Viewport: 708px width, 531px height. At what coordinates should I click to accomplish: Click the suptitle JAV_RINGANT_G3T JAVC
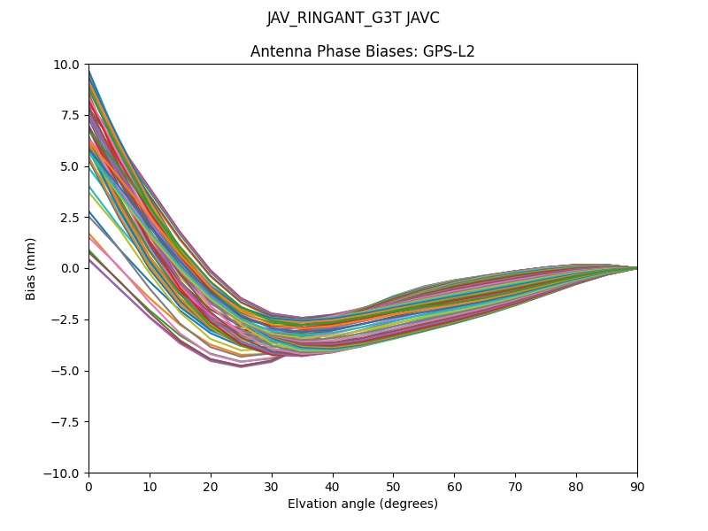coord(353,18)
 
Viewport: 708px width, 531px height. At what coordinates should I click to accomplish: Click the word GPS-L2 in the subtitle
coord(449,51)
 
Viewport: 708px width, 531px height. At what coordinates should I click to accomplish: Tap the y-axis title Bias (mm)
coord(31,268)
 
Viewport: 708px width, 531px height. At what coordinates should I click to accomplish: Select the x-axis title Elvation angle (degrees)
coord(363,504)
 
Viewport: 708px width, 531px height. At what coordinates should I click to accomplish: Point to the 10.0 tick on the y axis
coord(67,64)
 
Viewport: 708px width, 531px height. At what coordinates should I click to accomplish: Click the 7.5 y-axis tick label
coord(71,115)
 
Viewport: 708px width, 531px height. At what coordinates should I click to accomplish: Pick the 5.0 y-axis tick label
coord(71,166)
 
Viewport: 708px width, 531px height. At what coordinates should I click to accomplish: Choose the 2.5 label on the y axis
coord(71,217)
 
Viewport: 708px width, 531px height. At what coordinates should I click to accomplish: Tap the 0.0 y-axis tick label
coord(71,268)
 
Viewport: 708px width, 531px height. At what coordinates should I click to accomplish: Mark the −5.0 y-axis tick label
coord(67,371)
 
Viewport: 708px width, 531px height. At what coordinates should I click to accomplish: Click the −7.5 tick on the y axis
coord(67,421)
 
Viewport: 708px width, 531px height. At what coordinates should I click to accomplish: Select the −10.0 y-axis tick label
coord(64,473)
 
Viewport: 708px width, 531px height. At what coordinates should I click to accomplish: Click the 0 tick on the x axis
coord(88,486)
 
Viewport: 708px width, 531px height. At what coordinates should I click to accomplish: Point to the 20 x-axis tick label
coord(211,486)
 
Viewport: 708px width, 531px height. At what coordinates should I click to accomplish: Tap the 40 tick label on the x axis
coord(333,486)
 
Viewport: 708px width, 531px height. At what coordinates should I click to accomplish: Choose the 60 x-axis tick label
coord(454,486)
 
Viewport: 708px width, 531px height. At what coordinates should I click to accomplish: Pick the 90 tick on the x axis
coord(637,486)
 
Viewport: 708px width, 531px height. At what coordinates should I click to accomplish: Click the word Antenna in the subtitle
coord(277,51)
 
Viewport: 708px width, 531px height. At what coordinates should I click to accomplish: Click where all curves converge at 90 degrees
coord(636,268)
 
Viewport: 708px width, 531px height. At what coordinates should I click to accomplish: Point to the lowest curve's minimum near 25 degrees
coord(241,366)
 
